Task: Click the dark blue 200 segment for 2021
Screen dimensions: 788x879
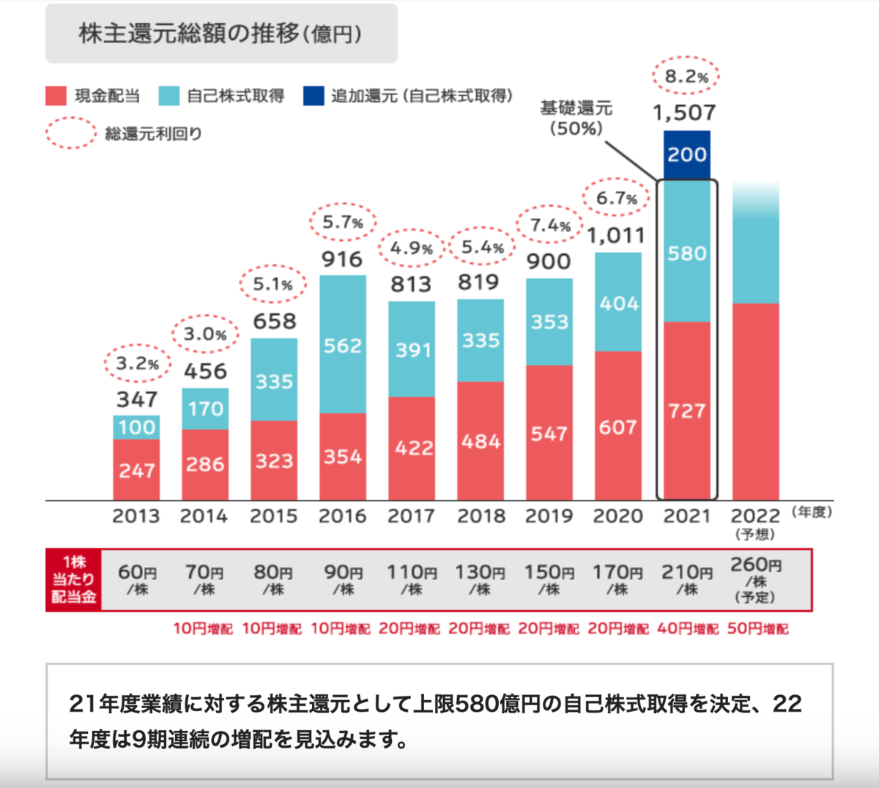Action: click(686, 155)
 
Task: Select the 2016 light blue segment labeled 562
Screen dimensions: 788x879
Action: click(343, 344)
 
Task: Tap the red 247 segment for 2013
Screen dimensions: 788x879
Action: click(137, 469)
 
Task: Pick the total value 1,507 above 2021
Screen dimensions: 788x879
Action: click(684, 113)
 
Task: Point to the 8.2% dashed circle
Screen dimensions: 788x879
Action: click(686, 75)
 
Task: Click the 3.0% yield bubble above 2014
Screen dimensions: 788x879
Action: click(205, 335)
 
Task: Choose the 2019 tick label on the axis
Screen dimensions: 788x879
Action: click(549, 516)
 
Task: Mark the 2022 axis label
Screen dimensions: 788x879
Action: click(755, 516)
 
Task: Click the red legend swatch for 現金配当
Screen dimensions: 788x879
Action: click(56, 96)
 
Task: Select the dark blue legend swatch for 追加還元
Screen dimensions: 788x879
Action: click(314, 96)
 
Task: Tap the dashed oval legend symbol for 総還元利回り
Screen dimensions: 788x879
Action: click(70, 133)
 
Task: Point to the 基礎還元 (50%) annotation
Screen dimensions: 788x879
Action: click(576, 119)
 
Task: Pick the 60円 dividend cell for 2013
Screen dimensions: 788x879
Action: click(137, 579)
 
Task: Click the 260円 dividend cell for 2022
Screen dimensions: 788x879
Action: click(755, 579)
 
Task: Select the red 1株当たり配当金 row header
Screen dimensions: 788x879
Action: click(73, 579)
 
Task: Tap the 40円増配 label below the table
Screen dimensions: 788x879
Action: click(688, 629)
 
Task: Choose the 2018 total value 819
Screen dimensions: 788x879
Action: click(479, 282)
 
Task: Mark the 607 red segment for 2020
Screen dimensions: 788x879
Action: click(617, 427)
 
